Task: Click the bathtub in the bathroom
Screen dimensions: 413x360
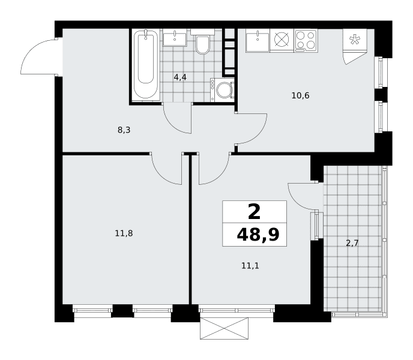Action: pyautogui.click(x=146, y=65)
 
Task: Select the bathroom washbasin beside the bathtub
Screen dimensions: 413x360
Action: pyautogui.click(x=175, y=38)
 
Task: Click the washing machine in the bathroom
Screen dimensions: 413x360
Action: pyautogui.click(x=222, y=90)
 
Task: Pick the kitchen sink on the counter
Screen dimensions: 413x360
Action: pyautogui.click(x=258, y=41)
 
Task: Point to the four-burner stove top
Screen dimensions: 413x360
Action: pyautogui.click(x=306, y=40)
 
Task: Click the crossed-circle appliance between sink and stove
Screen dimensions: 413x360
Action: pyautogui.click(x=282, y=41)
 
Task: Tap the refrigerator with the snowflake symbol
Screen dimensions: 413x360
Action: pyautogui.click(x=355, y=40)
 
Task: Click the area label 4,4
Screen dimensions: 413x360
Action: pyautogui.click(x=180, y=77)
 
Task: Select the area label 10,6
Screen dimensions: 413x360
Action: pyautogui.click(x=300, y=95)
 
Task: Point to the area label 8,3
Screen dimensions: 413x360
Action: pyautogui.click(x=124, y=130)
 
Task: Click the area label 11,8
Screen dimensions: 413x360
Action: pyautogui.click(x=124, y=233)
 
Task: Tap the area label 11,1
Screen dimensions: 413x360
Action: pyautogui.click(x=250, y=266)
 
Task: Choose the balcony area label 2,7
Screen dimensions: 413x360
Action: pyautogui.click(x=352, y=243)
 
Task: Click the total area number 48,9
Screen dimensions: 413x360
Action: pyautogui.click(x=258, y=235)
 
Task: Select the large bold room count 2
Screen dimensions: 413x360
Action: pyautogui.click(x=254, y=212)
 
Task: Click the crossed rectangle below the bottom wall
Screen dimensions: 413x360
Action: pyautogui.click(x=224, y=328)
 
